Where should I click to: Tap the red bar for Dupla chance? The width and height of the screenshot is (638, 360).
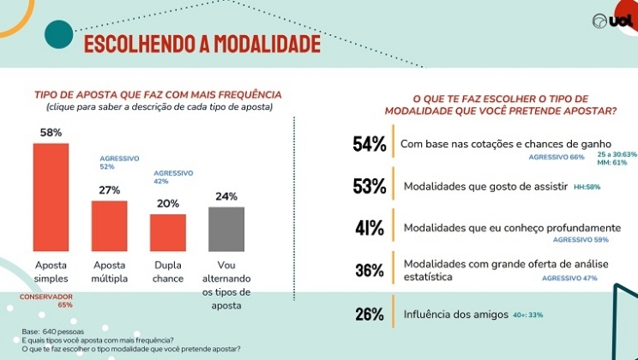pos(168,231)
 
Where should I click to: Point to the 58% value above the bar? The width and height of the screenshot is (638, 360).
pos(51,133)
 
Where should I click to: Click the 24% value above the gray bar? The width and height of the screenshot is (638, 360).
pos(226,196)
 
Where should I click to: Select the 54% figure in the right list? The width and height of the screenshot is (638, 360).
pos(370,144)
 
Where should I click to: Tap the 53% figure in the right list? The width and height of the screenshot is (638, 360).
pos(370,186)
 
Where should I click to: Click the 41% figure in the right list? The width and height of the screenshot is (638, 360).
pos(370,228)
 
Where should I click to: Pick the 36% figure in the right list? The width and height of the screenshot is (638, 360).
pos(370,271)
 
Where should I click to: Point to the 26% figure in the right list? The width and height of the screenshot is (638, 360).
pos(370,314)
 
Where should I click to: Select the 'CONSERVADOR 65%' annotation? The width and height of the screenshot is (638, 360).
pos(45,300)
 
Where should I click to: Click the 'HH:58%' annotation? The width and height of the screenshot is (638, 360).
pos(587,186)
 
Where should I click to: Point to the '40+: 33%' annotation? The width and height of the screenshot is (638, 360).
pos(528,315)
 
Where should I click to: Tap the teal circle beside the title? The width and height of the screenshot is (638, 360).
pos(58,35)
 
